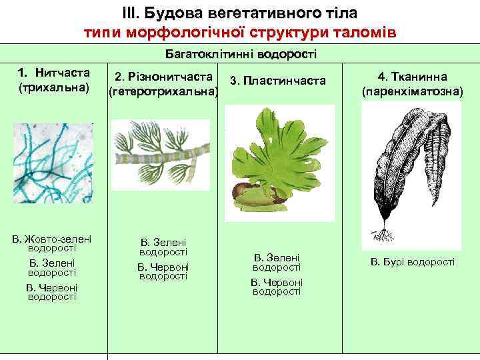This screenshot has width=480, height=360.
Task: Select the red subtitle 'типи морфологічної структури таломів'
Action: [x=240, y=31]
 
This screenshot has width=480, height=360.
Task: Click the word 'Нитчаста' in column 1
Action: [x=63, y=73]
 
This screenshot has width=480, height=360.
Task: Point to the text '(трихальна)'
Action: [x=54, y=87]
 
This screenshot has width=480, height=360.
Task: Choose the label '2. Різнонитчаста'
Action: [x=163, y=77]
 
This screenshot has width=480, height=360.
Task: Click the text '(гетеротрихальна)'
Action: [x=164, y=91]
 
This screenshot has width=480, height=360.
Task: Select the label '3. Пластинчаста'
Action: [x=277, y=81]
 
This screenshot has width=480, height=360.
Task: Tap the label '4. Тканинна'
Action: [x=411, y=77]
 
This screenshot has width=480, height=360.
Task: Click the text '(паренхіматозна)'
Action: [x=411, y=91]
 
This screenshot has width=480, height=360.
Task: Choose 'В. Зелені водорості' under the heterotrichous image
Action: [x=163, y=247]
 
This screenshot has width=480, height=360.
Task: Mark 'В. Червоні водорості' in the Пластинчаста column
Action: [x=277, y=287]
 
